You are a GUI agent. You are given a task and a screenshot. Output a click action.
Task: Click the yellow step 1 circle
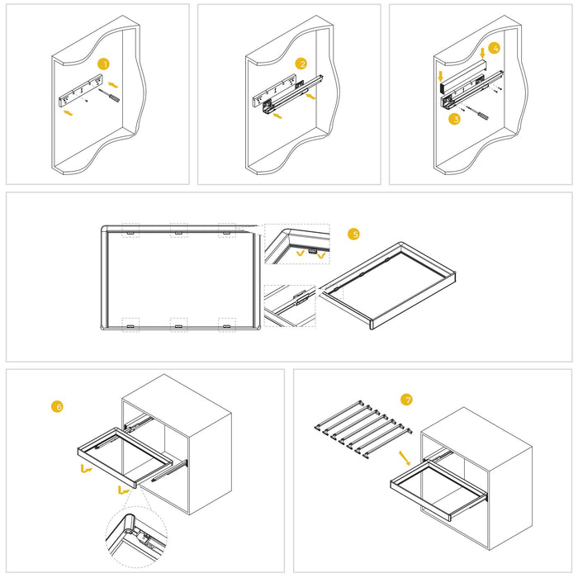coord(103,64)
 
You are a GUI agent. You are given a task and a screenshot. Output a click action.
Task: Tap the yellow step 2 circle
coord(301,64)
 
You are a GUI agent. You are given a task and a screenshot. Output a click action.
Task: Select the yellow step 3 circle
coord(454,119)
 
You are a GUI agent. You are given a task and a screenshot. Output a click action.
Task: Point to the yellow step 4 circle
coord(494,49)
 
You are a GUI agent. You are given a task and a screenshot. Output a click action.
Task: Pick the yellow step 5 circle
coord(354,234)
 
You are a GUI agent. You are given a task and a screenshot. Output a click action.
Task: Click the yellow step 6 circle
coord(57,406)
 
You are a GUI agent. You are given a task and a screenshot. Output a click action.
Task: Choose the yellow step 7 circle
coord(405,400)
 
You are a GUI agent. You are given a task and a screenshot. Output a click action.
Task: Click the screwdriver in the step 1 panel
coord(109,97)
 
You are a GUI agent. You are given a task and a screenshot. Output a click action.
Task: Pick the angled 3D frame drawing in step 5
coord(388,285)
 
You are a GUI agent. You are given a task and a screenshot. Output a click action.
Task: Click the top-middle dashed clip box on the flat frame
coord(178,230)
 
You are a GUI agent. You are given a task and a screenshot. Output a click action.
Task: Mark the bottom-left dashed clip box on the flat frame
coord(130,325)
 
